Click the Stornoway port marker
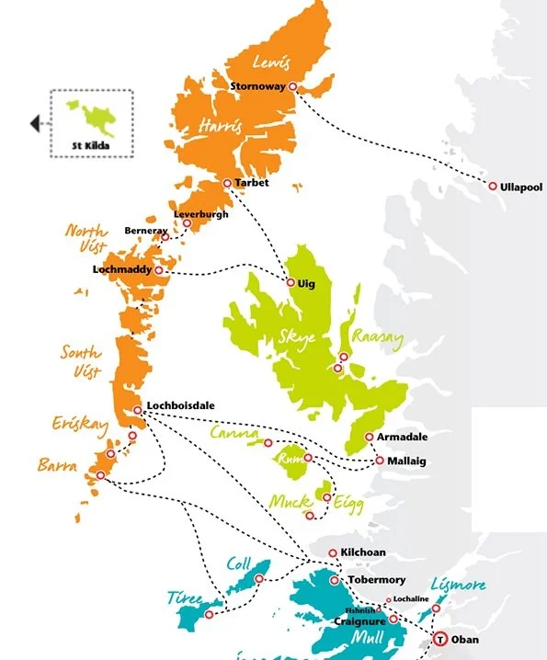click(x=293, y=86)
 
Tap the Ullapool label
click(x=521, y=187)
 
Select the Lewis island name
click(x=271, y=63)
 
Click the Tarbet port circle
click(x=227, y=183)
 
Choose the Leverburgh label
click(x=200, y=215)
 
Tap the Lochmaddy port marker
click(x=159, y=270)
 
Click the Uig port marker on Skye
click(x=291, y=283)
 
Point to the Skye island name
click(x=296, y=337)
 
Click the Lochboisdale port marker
click(x=137, y=410)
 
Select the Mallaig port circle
click(x=380, y=461)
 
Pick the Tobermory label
click(x=377, y=581)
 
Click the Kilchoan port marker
click(x=333, y=552)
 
